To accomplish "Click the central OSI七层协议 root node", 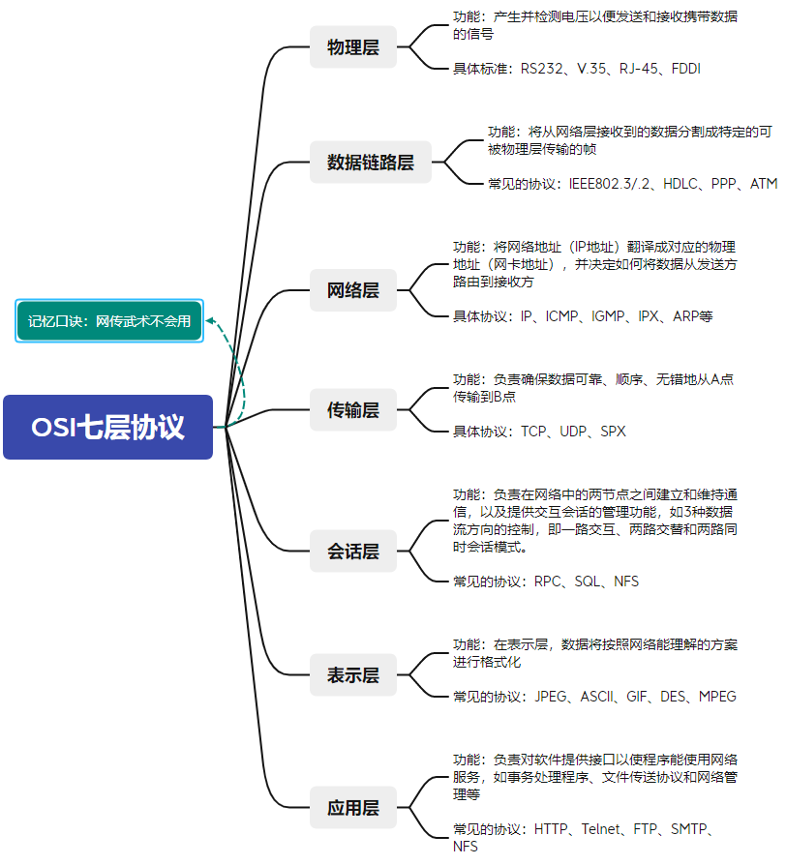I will [107, 427].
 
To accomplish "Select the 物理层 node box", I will [353, 46].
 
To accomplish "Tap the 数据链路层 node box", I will [371, 162].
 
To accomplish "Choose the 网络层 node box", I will [353, 289].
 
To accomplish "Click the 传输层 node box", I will [353, 409].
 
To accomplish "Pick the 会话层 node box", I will [353, 552].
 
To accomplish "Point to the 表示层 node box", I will [353, 674].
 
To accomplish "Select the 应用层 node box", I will [353, 807].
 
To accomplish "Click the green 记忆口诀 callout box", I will [108, 320].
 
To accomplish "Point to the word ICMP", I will [564, 316].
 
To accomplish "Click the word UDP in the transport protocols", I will [575, 432].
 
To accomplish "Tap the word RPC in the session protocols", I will [548, 582].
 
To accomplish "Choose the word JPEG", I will [552, 697].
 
